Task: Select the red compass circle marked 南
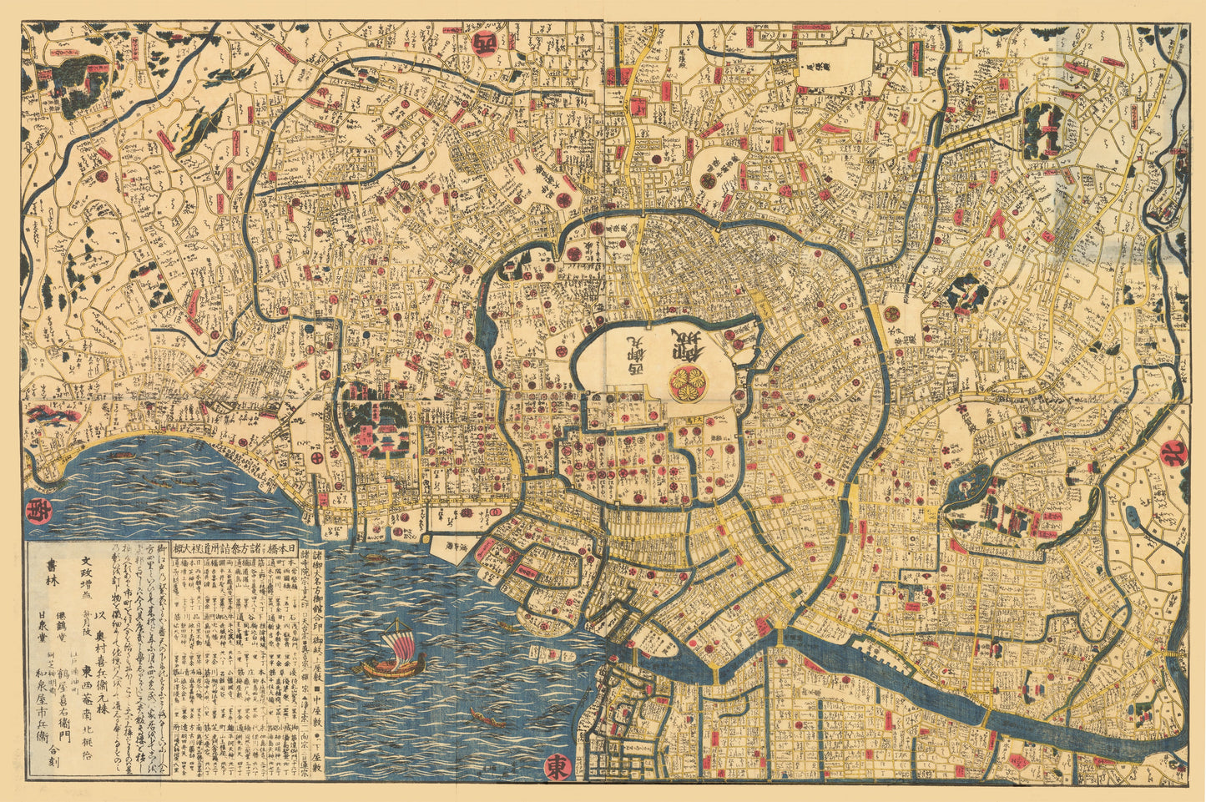pyautogui.click(x=37, y=510)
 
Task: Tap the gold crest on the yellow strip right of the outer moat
pyautogui.click(x=892, y=312)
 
